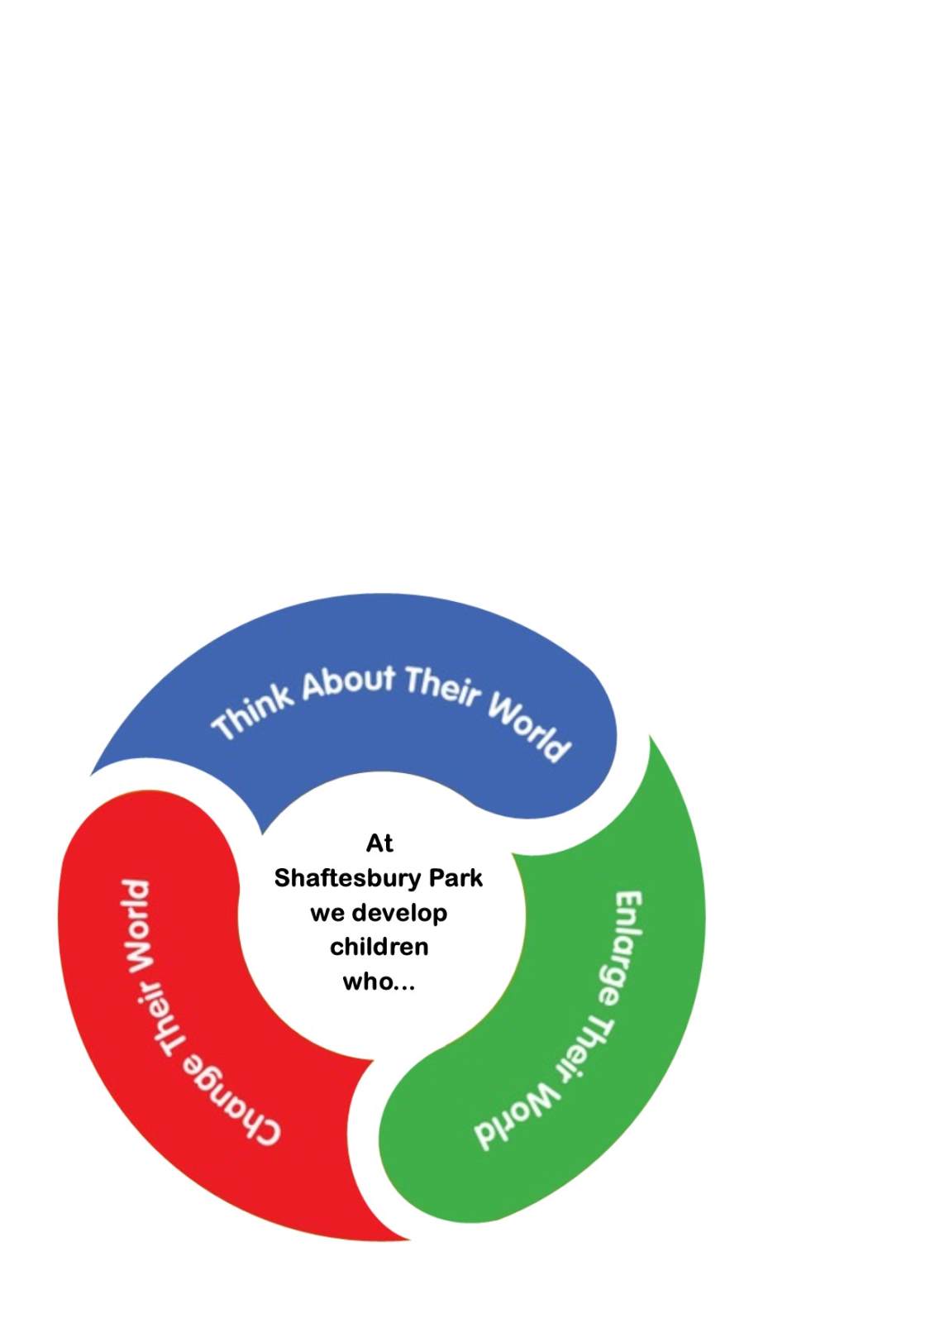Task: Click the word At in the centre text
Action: tap(379, 843)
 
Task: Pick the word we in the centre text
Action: tap(326, 915)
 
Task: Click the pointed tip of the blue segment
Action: tap(90, 776)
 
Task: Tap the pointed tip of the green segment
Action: tap(649, 735)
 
